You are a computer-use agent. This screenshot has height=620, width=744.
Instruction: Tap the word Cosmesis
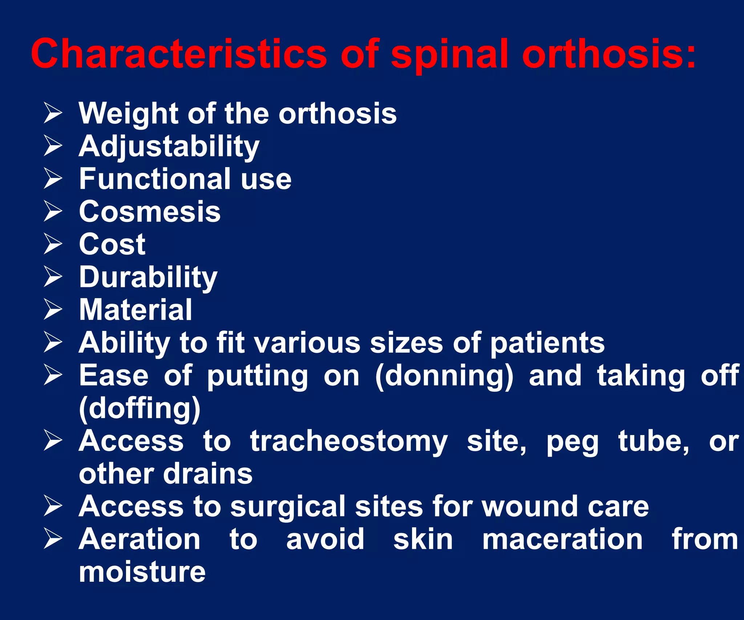coord(150,211)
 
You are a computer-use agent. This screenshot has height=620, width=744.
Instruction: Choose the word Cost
coord(112,244)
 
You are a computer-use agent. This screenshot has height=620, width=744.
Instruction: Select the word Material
coord(136,310)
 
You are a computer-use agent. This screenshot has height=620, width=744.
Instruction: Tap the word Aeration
coord(139,539)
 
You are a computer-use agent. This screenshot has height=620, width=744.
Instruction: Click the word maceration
coord(562,539)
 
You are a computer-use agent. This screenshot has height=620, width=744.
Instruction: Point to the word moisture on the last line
coord(142,572)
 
